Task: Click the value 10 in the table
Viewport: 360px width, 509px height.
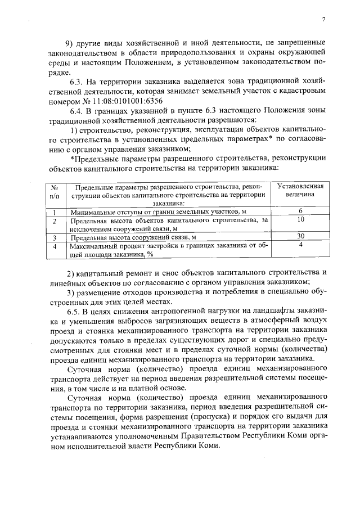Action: (x=301, y=220)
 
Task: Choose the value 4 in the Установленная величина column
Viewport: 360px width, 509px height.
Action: (x=301, y=245)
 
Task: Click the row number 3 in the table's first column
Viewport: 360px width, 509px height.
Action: (x=55, y=237)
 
